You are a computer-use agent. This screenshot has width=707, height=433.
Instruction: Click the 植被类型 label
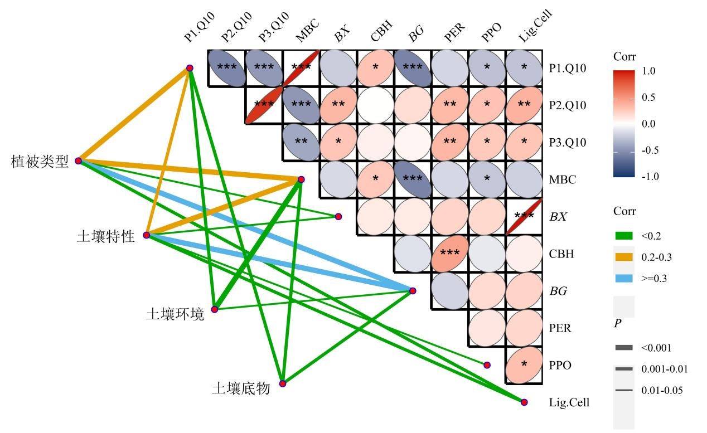(x=39, y=162)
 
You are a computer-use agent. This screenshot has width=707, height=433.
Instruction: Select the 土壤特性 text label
(x=105, y=237)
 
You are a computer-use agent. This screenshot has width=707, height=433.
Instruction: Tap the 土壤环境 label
(x=175, y=314)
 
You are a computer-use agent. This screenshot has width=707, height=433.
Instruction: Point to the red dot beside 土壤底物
(x=283, y=384)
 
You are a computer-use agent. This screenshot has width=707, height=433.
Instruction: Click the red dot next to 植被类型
(x=79, y=160)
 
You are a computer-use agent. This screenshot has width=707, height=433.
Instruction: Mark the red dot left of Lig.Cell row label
(x=524, y=402)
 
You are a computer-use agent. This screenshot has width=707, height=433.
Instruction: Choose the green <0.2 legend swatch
(x=624, y=236)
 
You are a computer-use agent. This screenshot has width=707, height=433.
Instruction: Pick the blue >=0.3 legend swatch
(x=624, y=276)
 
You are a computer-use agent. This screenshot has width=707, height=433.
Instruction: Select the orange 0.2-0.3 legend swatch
(x=624, y=256)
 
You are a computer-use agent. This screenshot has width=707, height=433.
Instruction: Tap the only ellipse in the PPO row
(x=524, y=365)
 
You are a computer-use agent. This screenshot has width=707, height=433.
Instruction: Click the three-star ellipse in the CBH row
(x=450, y=254)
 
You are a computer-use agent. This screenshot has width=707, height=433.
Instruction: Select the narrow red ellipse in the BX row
(x=524, y=216)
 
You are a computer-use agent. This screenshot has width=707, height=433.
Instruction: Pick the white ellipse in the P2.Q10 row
(x=376, y=105)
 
